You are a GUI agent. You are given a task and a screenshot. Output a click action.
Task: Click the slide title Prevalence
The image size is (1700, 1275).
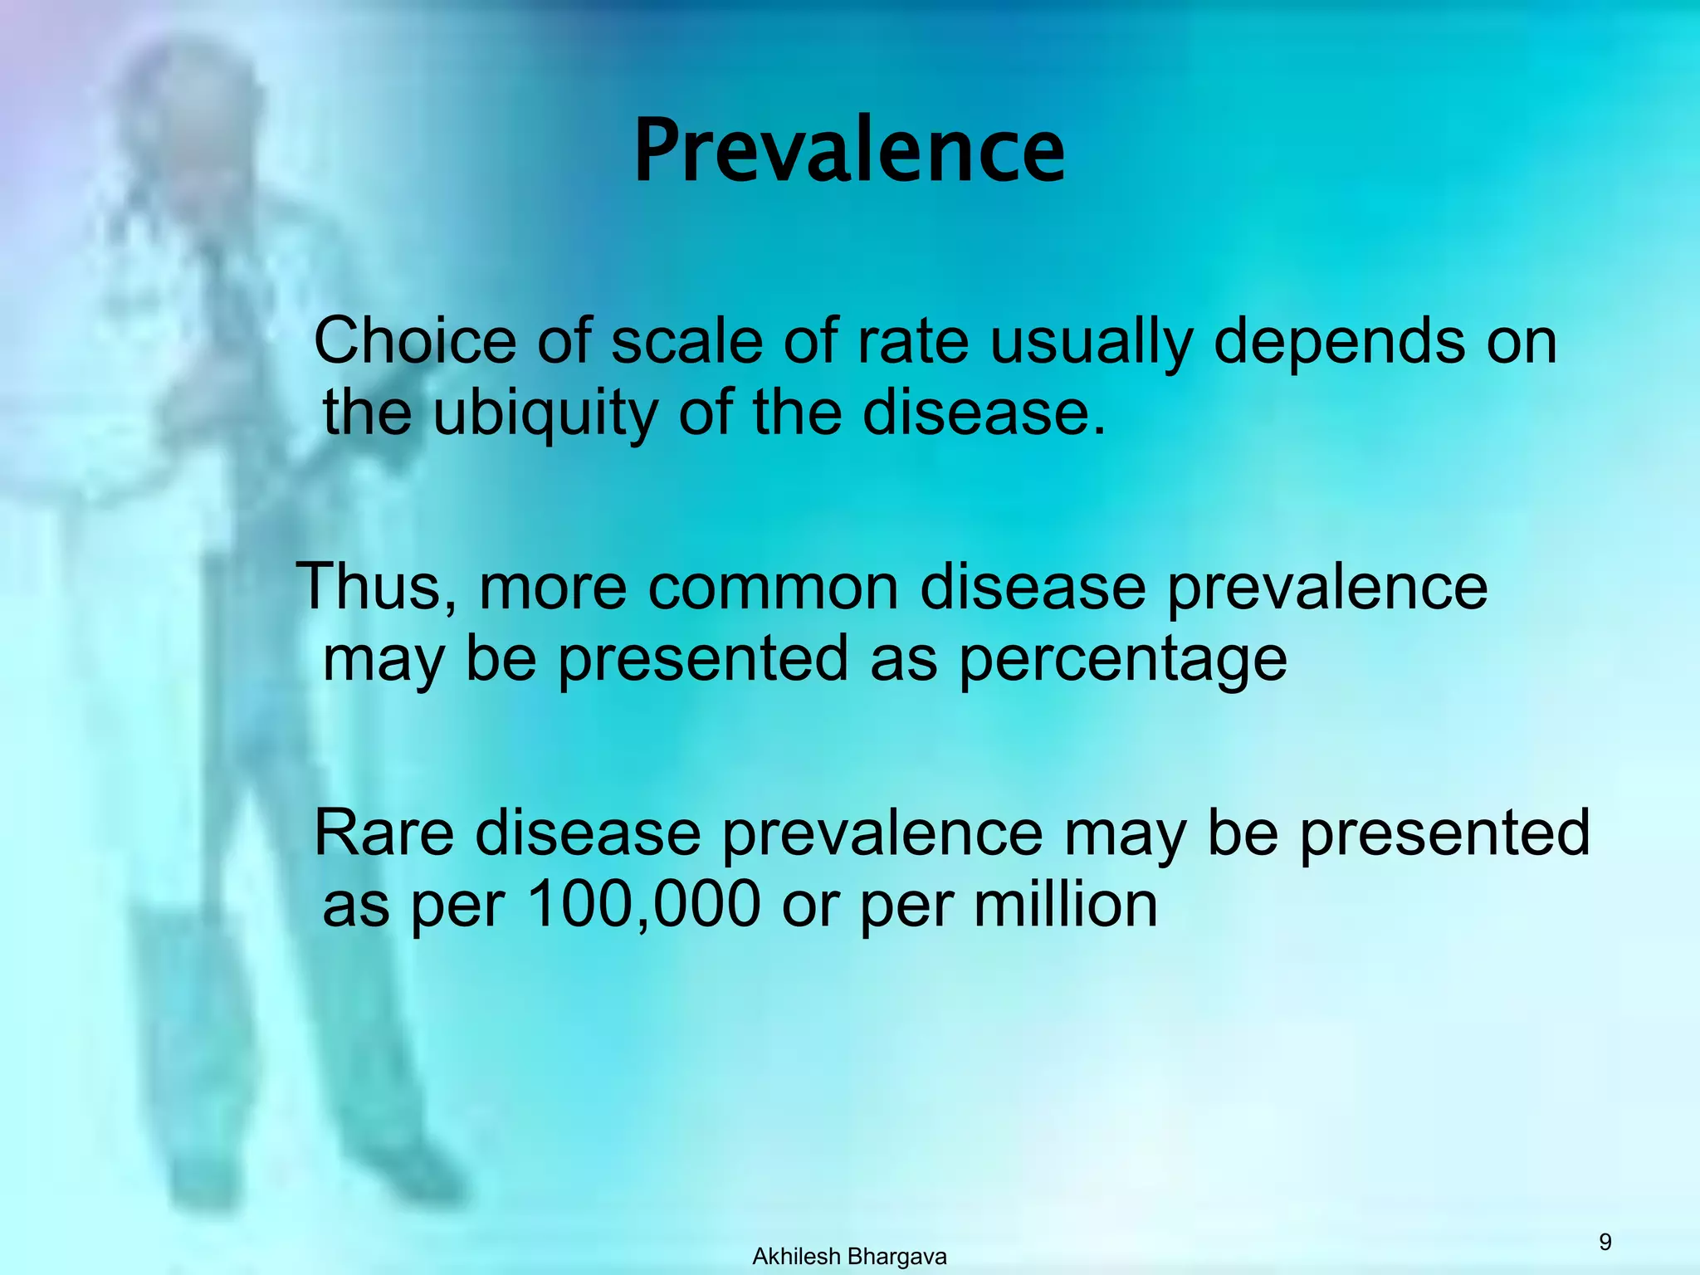point(849,151)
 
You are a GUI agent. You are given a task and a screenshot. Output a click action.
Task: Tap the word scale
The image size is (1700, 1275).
point(686,341)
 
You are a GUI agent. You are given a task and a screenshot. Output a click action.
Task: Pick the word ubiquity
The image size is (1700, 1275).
point(545,414)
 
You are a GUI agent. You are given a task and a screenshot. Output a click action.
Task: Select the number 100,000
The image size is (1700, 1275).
point(643,905)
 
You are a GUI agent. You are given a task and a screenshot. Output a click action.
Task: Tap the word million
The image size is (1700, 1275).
point(1066,905)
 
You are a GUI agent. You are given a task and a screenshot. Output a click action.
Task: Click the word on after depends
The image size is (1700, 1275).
point(1522,343)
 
